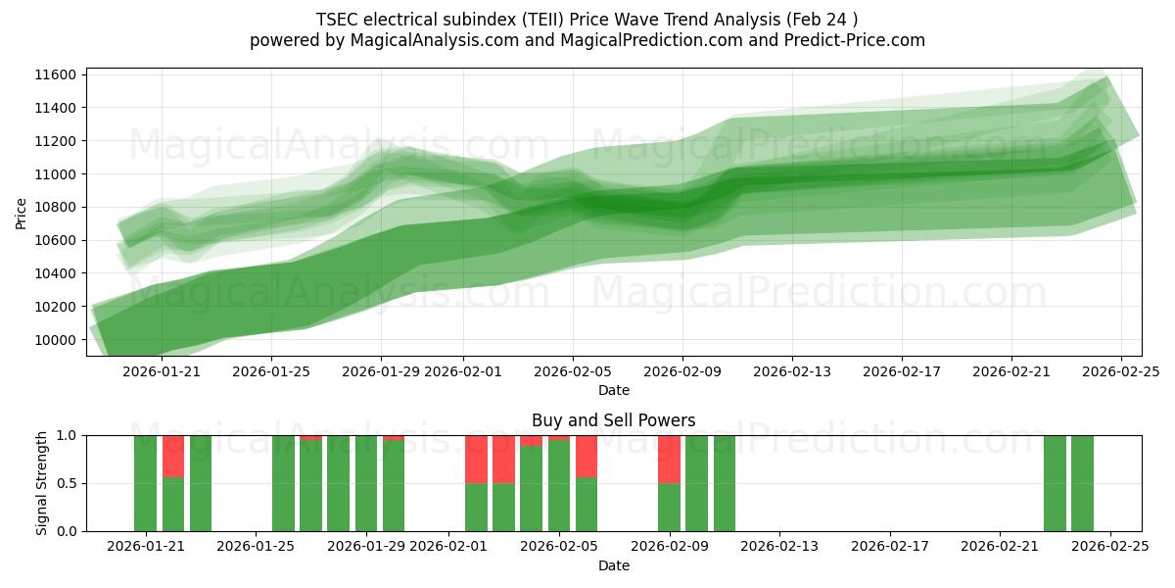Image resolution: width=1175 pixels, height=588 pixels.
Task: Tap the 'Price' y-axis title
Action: [x=22, y=213]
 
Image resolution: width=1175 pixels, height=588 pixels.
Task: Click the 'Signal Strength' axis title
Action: [x=41, y=483]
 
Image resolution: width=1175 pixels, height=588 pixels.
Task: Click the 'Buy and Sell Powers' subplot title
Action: [x=613, y=420]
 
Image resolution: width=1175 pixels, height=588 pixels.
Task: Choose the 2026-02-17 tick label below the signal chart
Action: [x=890, y=546]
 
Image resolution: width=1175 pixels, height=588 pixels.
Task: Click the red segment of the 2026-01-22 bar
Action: [x=173, y=456]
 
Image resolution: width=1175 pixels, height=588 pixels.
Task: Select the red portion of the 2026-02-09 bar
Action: [x=669, y=459]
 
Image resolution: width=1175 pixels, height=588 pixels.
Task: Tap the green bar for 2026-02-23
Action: [x=1055, y=483]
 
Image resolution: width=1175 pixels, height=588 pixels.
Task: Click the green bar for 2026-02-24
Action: [x=1082, y=483]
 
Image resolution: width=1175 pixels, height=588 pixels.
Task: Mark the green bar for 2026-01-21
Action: [x=145, y=483]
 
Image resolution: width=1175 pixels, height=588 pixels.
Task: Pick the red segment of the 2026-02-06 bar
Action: [x=587, y=456]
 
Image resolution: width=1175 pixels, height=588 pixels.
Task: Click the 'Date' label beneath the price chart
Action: [x=613, y=390]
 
